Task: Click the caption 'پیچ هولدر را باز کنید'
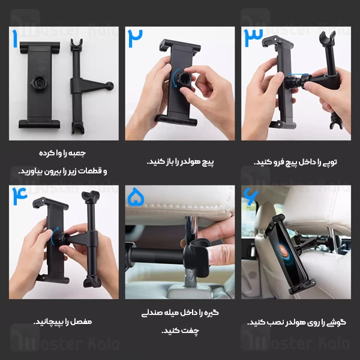[x=180, y=162]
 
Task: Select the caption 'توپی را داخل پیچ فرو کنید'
[x=297, y=162]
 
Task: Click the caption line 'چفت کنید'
[x=180, y=329]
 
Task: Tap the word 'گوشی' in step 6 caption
[x=337, y=322]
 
